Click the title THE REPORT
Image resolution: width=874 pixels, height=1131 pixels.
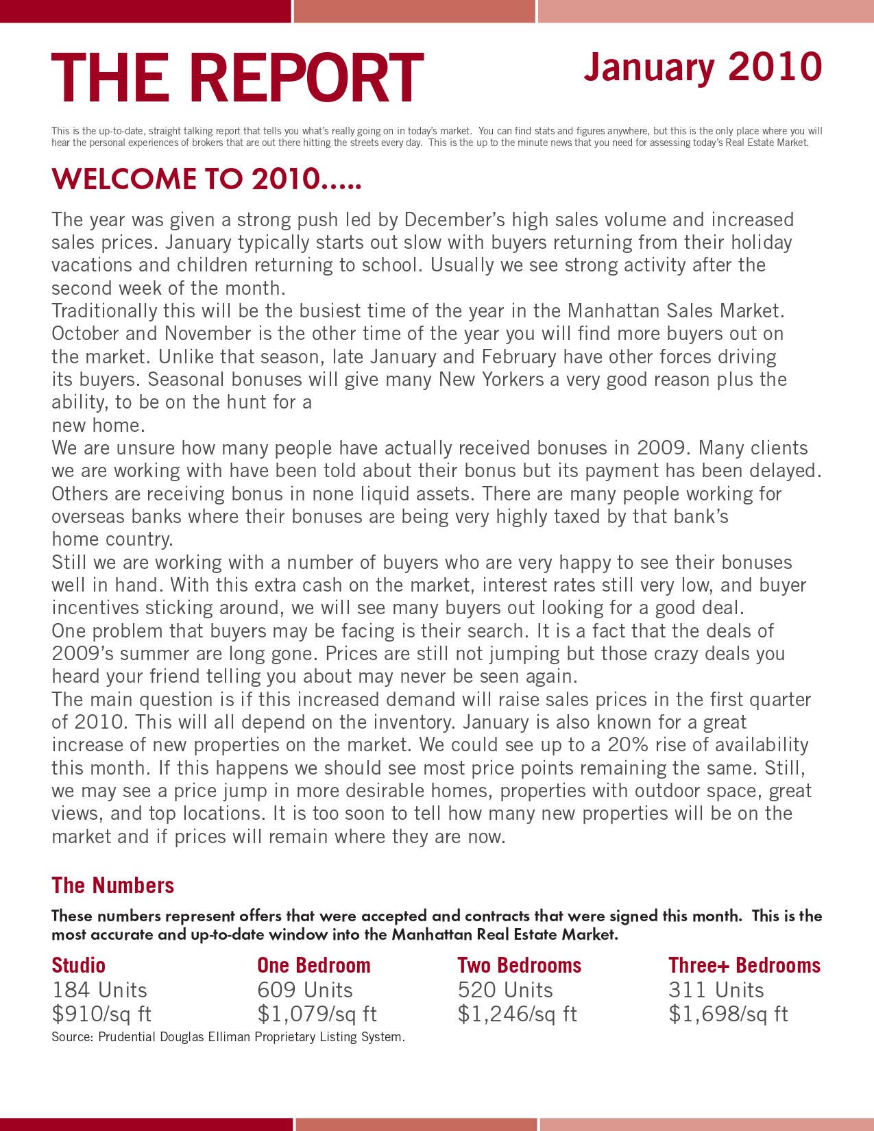pos(237,77)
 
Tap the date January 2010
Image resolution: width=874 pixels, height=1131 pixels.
pos(703,67)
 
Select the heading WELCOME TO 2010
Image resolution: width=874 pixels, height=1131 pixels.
pos(206,180)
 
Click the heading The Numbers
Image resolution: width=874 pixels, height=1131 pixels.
pos(113,886)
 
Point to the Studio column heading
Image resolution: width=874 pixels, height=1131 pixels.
pos(79,965)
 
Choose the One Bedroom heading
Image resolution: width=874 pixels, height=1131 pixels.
pos(313,965)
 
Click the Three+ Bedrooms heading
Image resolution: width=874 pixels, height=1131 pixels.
pos(744,965)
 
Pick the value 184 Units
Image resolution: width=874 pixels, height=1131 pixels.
pos(99,990)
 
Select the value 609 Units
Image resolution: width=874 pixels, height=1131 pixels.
pos(305,990)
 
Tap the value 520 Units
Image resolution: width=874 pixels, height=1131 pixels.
pos(505,990)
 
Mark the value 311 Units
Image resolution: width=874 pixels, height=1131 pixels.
pos(716,990)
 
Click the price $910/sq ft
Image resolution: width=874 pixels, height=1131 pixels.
pos(101,1014)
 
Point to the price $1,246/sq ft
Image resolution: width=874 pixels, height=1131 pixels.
pos(518,1014)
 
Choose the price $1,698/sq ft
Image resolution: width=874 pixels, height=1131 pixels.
pos(729,1014)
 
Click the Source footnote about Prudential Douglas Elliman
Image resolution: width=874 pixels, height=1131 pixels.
pos(228,1037)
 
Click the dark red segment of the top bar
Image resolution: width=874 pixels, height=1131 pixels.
pos(145,11)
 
